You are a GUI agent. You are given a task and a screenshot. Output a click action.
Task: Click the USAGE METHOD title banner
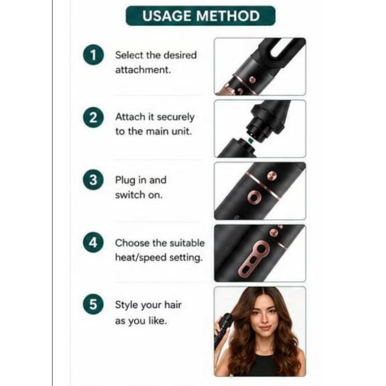[x=201, y=16]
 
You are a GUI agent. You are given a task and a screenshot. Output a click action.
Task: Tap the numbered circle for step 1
[x=93, y=55]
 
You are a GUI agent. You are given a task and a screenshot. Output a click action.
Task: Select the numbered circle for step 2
[x=93, y=117]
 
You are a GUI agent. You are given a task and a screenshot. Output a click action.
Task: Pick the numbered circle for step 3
[x=93, y=180]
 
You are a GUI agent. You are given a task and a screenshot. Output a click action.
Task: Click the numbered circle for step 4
[x=93, y=243]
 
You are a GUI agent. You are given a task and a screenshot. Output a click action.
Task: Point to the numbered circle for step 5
[x=93, y=305]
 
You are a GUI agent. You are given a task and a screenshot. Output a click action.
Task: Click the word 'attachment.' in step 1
[x=143, y=70]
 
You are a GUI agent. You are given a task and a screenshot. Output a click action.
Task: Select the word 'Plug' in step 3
[x=125, y=180]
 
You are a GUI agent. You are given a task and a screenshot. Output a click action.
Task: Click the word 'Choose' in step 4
[x=132, y=243]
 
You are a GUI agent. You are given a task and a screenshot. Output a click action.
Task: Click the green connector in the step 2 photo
[x=250, y=140]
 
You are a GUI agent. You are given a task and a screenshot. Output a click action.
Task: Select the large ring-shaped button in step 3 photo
[x=254, y=197]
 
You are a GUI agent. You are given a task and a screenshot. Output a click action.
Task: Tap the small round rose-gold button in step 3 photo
[x=272, y=176]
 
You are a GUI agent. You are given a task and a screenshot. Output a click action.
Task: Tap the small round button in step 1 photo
[x=253, y=79]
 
